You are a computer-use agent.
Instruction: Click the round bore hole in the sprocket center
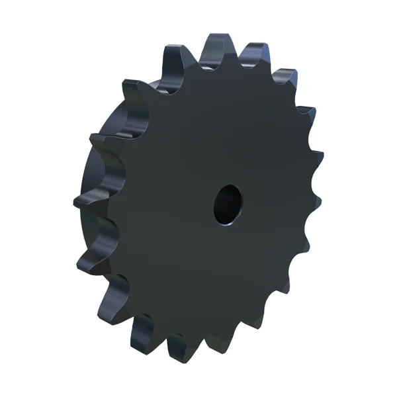coord(228,206)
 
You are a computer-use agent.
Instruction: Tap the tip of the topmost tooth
coord(216,41)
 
